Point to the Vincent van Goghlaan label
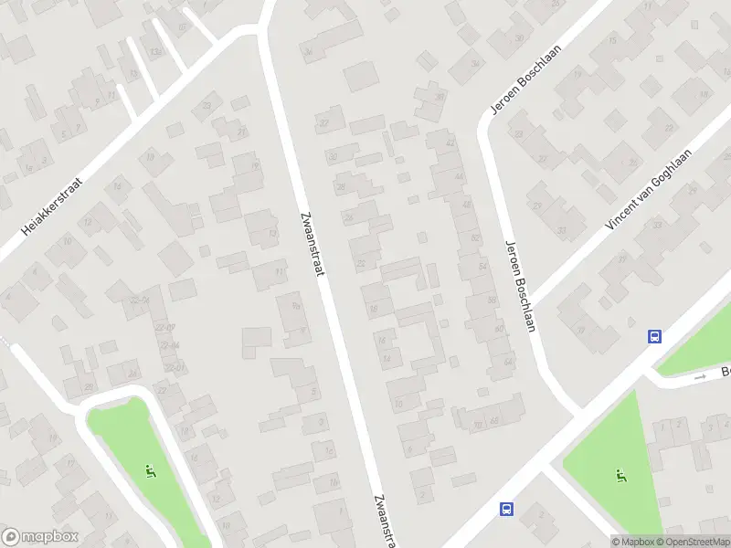[649, 189]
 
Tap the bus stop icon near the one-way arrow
[654, 336]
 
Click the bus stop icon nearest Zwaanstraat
[507, 510]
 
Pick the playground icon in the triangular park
[621, 475]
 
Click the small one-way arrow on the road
[701, 376]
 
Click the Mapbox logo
[40, 537]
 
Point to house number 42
[450, 143]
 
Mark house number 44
[459, 176]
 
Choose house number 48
[466, 205]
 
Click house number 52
[473, 237]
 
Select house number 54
[481, 266]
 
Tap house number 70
[478, 424]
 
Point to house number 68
[493, 421]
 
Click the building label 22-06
[140, 300]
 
